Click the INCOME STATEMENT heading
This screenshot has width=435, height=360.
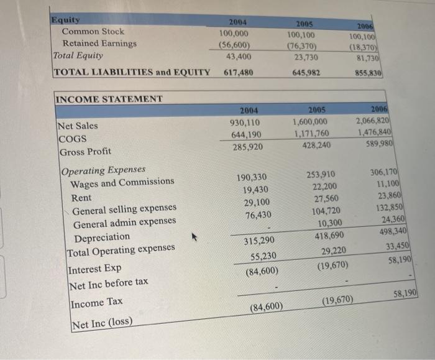109,99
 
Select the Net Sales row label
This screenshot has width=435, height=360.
78,126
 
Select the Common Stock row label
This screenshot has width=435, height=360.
93,31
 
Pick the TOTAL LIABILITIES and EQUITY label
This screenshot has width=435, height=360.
132,72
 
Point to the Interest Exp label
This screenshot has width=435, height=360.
95,269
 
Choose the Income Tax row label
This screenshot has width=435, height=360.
96,303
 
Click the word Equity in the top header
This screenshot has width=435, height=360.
66,20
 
